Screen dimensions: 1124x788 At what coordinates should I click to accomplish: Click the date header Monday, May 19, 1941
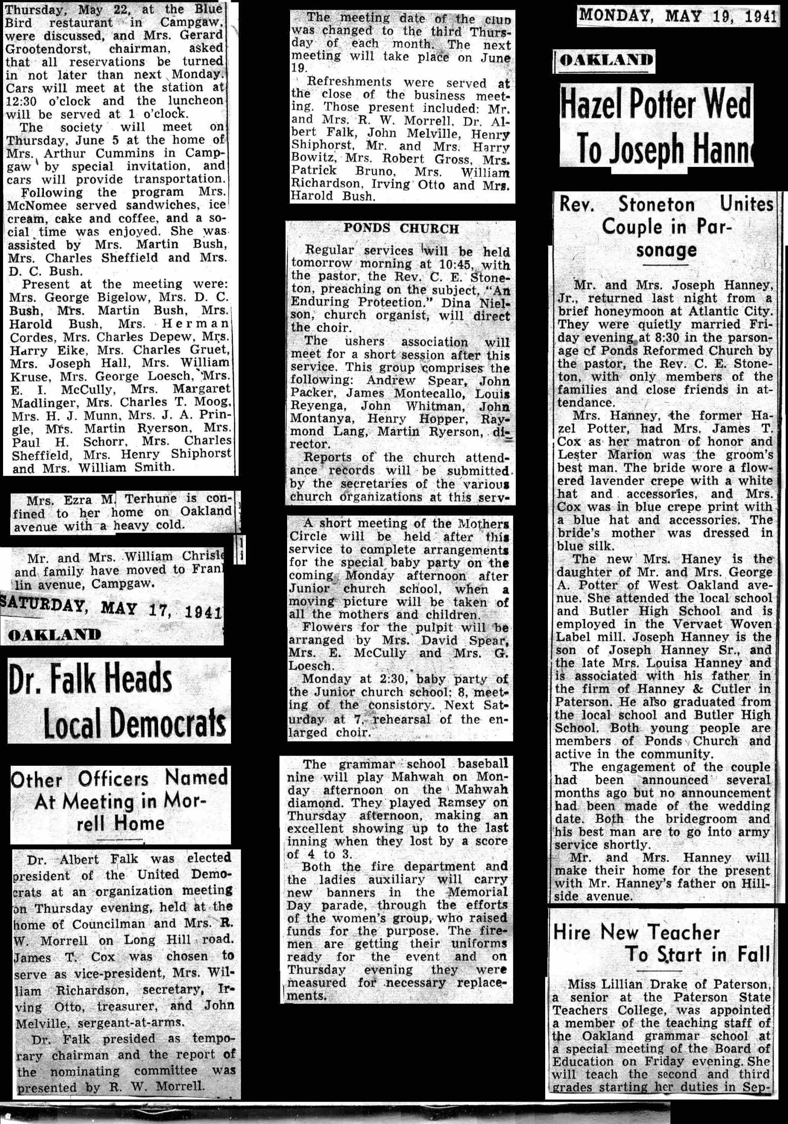coord(677,16)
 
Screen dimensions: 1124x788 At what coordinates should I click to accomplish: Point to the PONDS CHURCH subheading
coord(401,229)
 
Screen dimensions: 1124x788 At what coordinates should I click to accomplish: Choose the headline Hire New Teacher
coord(636,932)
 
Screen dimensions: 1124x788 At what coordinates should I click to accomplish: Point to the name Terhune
coord(150,499)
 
